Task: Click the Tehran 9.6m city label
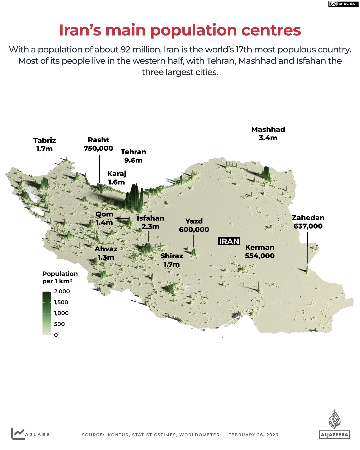133,156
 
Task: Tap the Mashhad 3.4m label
268,134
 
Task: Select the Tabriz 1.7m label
45,145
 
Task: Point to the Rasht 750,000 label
98,144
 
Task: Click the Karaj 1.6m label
117,178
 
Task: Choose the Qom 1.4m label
104,218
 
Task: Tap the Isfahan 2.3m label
150,222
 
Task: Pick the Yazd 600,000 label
194,225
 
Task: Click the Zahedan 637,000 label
308,222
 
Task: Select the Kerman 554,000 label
260,252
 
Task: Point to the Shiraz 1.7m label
172,260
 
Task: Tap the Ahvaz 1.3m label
106,253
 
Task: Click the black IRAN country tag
229,241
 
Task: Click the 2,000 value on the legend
62,291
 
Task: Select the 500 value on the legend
59,324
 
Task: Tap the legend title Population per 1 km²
60,277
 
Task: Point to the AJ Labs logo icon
18,433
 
